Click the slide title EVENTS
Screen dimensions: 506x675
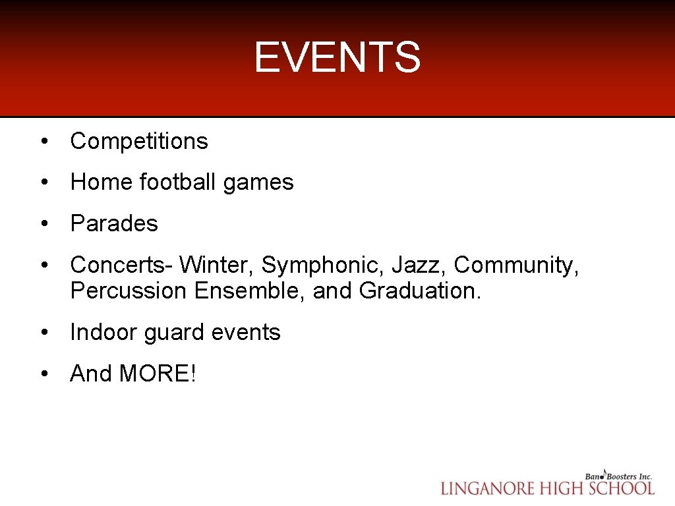pyautogui.click(x=337, y=57)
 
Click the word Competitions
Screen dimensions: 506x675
pyautogui.click(x=139, y=141)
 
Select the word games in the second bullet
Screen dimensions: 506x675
pyautogui.click(x=258, y=183)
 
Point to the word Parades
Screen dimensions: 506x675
pyautogui.click(x=114, y=223)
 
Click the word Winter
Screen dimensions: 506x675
pyautogui.click(x=217, y=265)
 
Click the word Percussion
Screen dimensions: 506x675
pyautogui.click(x=129, y=291)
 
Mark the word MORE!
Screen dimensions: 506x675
pyautogui.click(x=158, y=374)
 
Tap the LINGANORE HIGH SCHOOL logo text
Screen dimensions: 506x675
pyautogui.click(x=547, y=488)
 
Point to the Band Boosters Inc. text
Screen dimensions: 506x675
pyautogui.click(x=618, y=475)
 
